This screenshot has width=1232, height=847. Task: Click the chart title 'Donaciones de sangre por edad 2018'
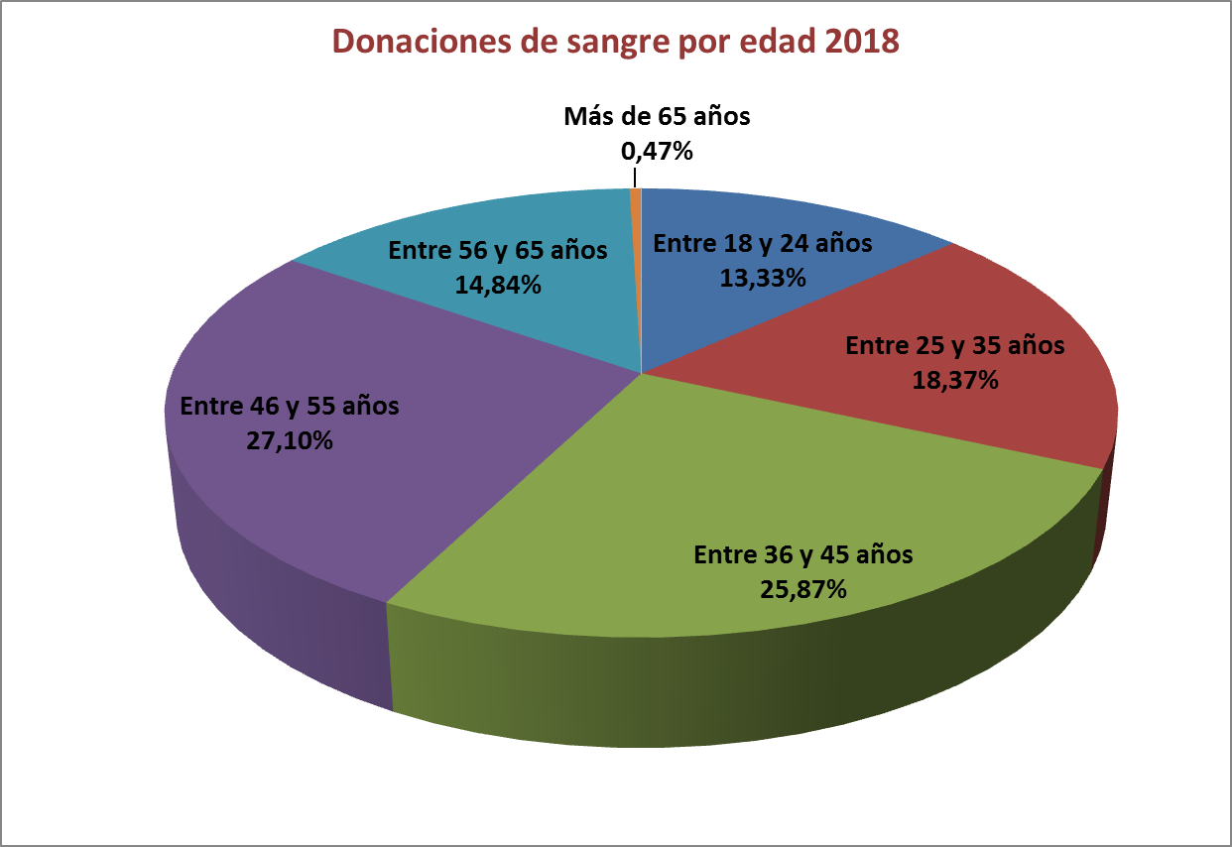pos(615,43)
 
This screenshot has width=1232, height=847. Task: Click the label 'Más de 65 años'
pos(657,117)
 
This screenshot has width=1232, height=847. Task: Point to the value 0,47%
pos(656,152)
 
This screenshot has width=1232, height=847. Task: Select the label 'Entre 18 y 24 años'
pos(762,243)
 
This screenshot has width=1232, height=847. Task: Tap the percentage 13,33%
pos(762,278)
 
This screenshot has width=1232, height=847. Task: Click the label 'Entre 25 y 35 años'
pos(954,345)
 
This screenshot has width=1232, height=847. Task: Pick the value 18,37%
pos(954,380)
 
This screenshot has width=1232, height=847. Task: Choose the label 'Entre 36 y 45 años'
pos(803,553)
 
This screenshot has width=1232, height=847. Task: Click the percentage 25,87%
pos(803,589)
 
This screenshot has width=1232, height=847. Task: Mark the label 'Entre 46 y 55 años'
pos(290,406)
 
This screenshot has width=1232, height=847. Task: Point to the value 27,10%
pos(290,440)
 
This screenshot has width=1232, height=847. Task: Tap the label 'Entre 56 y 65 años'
pos(498,250)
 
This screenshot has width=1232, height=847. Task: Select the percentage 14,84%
pos(498,285)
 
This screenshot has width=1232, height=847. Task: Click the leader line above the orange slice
pos(633,177)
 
